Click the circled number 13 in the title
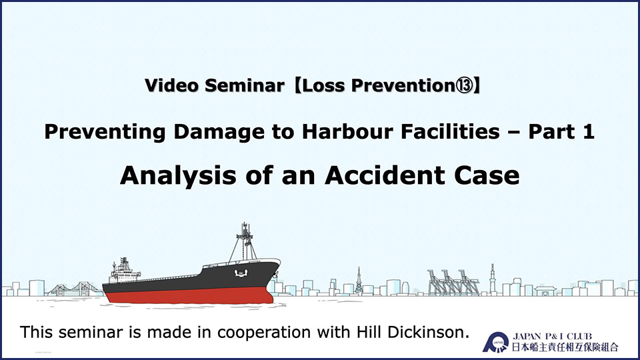click(x=465, y=86)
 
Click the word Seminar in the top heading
click(x=244, y=86)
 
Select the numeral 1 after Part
click(x=587, y=131)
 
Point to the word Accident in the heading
click(x=385, y=175)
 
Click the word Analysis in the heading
click(x=178, y=176)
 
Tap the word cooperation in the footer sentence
click(x=264, y=332)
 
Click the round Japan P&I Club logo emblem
click(x=495, y=342)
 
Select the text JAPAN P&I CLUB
click(x=552, y=336)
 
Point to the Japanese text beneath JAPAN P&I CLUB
click(x=565, y=347)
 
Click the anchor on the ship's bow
click(x=241, y=273)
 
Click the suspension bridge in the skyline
click(x=74, y=289)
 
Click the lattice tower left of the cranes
click(x=359, y=281)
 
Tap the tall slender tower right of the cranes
click(x=493, y=279)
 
